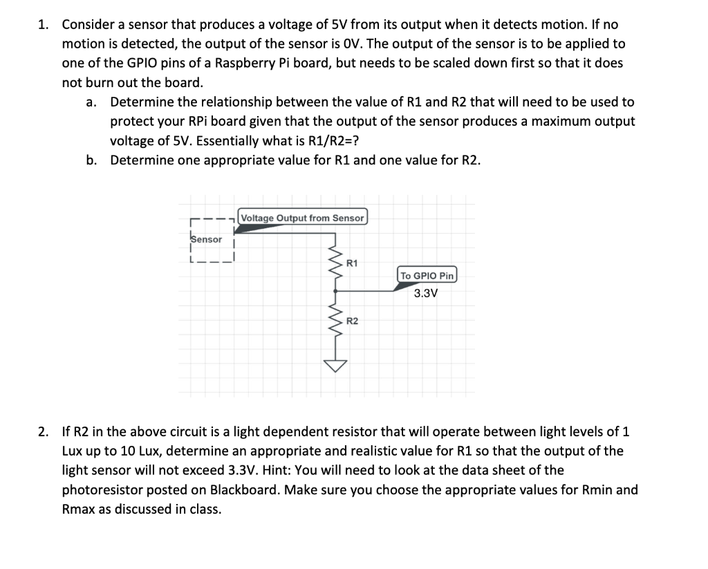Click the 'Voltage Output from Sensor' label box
[303, 218]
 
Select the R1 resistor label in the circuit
[351, 263]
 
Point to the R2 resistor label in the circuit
[351, 321]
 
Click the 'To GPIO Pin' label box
[427, 275]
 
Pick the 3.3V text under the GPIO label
[426, 292]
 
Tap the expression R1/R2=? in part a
[326, 141]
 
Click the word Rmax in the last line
[77, 510]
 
